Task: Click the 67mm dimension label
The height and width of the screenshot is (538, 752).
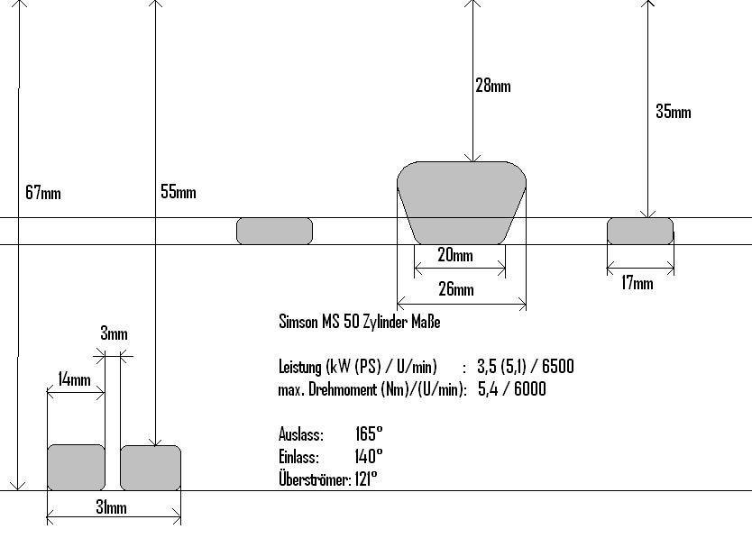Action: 43,193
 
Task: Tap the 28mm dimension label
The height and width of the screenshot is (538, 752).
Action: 493,87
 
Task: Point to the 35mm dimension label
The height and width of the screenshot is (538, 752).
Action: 674,112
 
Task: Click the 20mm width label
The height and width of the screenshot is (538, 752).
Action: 455,256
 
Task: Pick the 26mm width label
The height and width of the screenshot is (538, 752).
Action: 456,289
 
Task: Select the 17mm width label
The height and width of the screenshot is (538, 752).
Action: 637,284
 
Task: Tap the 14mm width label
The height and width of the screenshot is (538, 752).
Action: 74,379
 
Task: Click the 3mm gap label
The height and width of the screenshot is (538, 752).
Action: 114,334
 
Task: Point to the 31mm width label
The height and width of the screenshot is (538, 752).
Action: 112,507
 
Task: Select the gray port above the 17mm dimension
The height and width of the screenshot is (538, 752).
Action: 640,231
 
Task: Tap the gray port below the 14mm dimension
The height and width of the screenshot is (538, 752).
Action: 76,468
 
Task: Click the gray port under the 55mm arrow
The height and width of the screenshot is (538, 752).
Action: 151,468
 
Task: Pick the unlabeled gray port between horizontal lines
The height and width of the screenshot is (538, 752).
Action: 274,231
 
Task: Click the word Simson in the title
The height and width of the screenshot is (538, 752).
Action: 299,322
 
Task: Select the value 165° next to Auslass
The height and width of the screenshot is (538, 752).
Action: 369,434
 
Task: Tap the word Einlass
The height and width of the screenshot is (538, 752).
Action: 298,457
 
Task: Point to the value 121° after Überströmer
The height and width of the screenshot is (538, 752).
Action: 365,479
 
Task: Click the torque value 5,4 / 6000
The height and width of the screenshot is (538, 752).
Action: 511,389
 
